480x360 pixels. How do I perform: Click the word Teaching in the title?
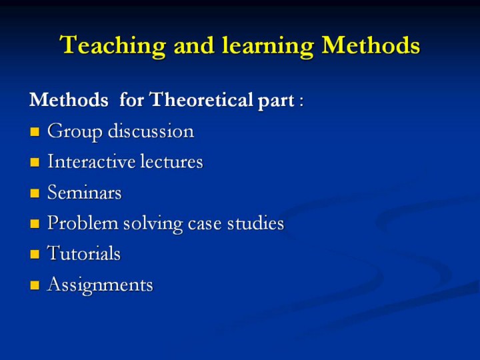pos(113,46)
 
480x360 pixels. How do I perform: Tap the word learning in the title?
pos(268,46)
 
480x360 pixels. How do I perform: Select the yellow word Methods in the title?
pos(371,45)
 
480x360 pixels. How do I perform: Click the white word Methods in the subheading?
pos(69,99)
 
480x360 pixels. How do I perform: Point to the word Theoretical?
pos(201,99)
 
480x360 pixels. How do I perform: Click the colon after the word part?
pos(301,101)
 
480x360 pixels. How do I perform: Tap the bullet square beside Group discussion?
pos(35,131)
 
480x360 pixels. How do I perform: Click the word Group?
pos(75,132)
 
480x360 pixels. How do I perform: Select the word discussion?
pos(151,131)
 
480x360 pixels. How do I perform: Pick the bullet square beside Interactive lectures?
pos(35,162)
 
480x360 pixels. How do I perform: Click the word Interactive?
pos(91,161)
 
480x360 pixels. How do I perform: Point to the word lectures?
pos(171,161)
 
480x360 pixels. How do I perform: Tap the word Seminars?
pos(85,192)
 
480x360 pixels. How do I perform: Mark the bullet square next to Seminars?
pos(35,193)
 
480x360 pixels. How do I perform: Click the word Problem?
pos(83,223)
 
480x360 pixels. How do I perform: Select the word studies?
pos(255,223)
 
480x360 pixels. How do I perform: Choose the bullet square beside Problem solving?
pos(35,224)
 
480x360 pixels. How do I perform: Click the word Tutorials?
pos(84,253)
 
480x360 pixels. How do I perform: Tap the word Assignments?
pos(100,285)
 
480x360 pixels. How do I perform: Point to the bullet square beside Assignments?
pos(35,285)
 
